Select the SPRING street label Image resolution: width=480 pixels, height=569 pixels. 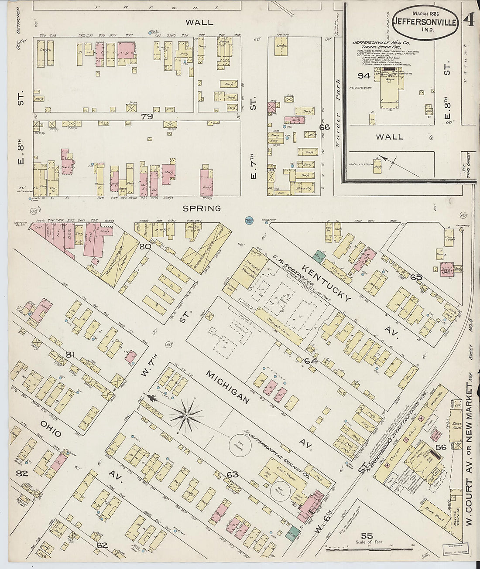coord(202,208)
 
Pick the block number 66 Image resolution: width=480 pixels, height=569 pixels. coord(324,127)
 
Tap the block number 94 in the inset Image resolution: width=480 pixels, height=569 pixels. coord(363,76)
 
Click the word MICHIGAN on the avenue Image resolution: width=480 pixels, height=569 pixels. coord(228,388)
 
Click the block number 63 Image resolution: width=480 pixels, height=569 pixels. coord(232,474)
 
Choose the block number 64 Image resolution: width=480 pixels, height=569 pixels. coord(310,361)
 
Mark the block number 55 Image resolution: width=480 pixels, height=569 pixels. coord(367,536)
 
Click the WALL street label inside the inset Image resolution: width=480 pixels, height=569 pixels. coord(390,137)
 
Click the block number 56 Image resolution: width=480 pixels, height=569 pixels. coord(441,446)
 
